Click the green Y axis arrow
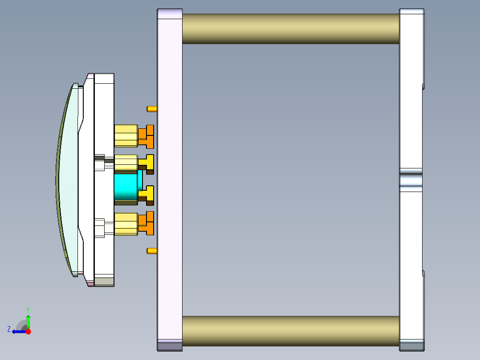tap(28, 321)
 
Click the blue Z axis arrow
tap(18, 331)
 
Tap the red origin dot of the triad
tap(28, 331)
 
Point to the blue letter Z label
tap(9, 329)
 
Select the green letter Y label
tap(28, 309)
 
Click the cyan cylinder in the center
tap(126, 188)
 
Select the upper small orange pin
tap(151, 109)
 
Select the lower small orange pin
tap(151, 251)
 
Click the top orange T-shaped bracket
tap(147, 136)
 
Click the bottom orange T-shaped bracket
tap(147, 223)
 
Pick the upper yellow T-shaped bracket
tap(147, 162)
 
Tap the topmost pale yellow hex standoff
tap(126, 136)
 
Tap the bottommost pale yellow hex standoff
tap(126, 224)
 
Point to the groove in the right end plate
tap(411, 180)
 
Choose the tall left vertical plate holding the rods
tap(170, 178)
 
